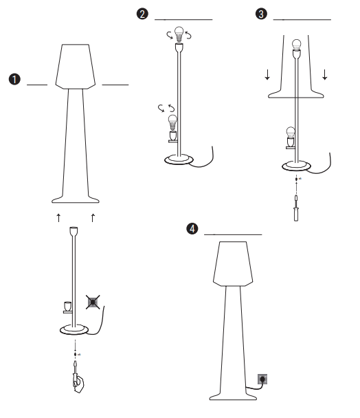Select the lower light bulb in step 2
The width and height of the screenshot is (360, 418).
(x=172, y=124)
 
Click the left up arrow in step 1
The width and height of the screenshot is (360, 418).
(x=58, y=218)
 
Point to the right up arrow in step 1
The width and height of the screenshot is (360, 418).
(x=92, y=218)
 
